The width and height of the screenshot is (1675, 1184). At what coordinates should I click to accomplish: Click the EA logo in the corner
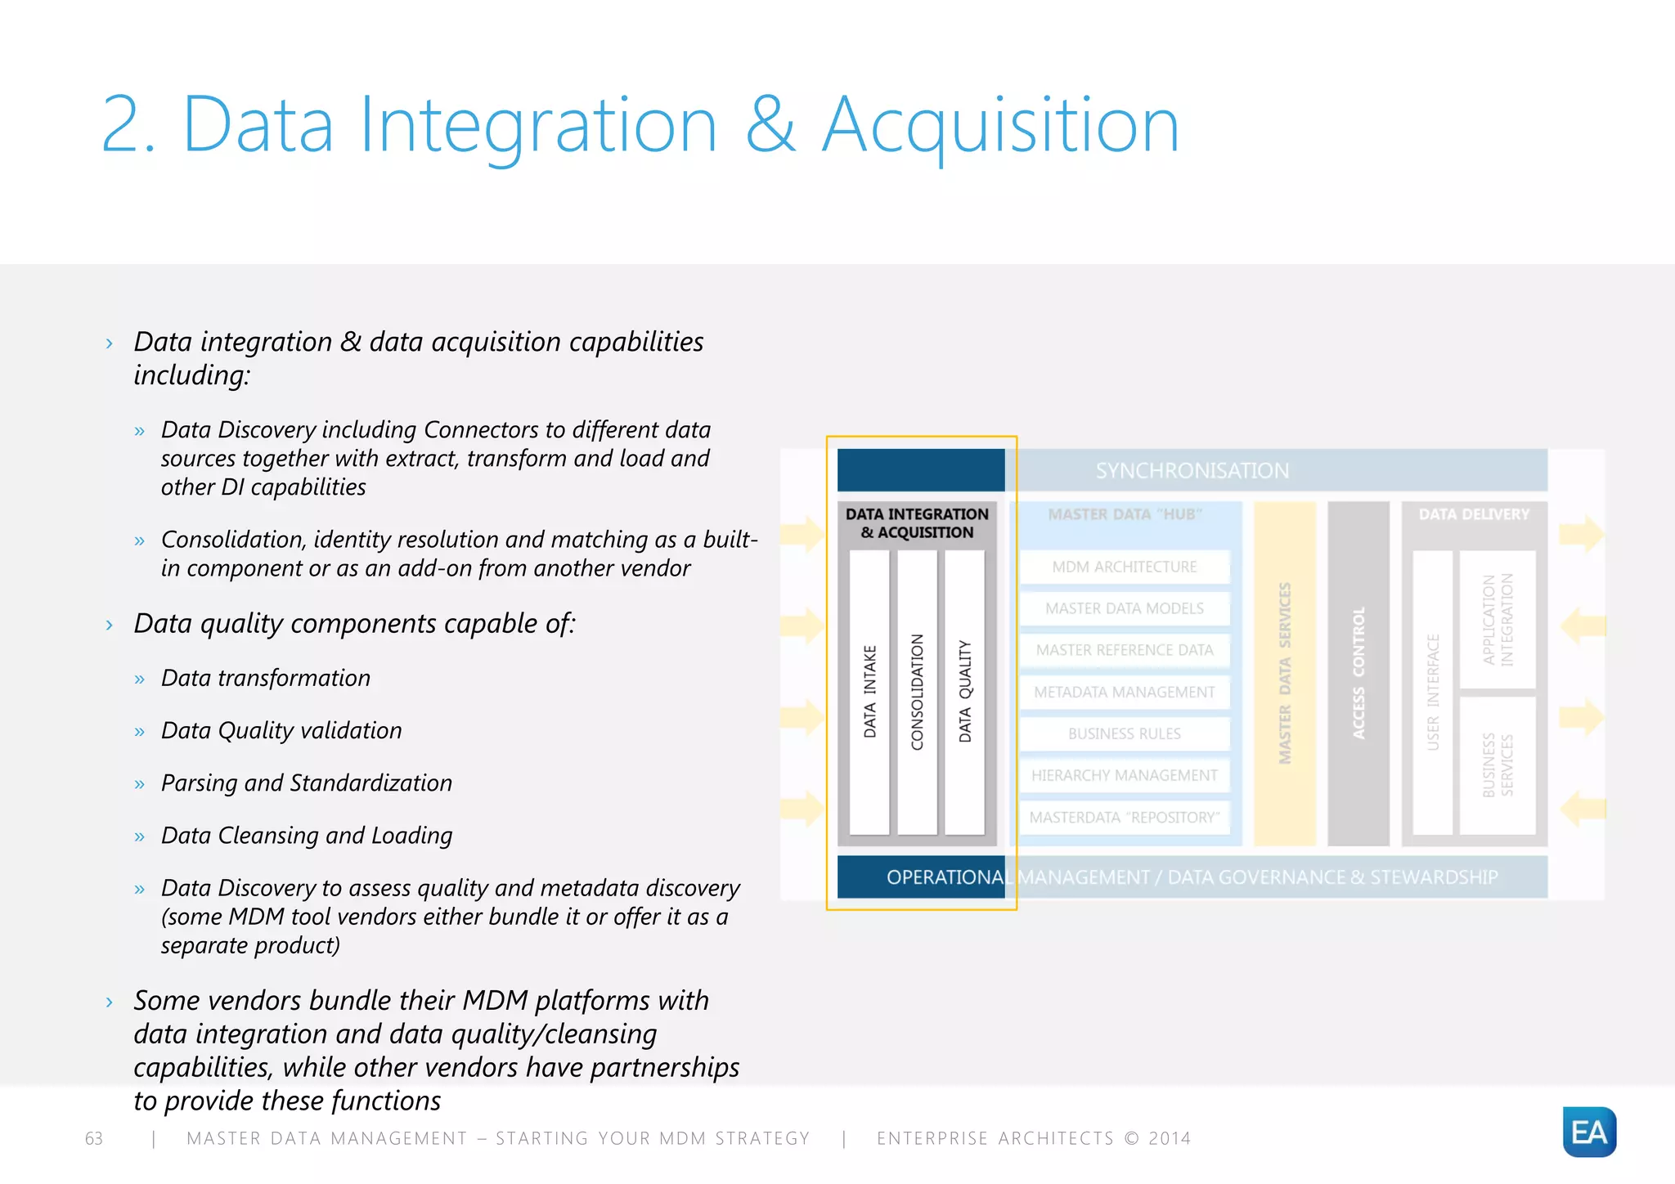coord(1588,1132)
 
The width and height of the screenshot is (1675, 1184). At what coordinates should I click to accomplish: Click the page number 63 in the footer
coord(94,1138)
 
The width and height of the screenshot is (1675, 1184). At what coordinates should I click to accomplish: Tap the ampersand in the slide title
coord(770,124)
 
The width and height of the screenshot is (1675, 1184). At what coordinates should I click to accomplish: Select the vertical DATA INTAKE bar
coord(869,692)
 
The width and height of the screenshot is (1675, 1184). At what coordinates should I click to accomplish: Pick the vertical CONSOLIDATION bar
coord(917,692)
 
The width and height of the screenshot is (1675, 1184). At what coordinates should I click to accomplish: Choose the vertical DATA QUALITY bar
coord(965,692)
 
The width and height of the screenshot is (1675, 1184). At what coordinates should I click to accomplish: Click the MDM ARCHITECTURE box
coord(1125,567)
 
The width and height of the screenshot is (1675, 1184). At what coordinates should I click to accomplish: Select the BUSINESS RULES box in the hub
coord(1125,733)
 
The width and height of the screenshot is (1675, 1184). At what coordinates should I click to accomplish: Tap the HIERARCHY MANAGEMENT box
coord(1125,775)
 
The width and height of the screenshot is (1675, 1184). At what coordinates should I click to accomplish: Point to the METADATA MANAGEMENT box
coord(1125,692)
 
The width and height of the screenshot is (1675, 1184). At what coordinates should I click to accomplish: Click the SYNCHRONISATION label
coord(1192,471)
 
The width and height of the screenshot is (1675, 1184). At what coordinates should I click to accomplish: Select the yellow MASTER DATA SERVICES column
coord(1285,673)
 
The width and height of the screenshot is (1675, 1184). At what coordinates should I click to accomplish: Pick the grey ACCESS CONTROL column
coord(1358,673)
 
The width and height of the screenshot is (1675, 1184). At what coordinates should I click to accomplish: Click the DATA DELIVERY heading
coord(1474,514)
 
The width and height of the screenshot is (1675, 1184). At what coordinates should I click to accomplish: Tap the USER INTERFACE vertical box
coord(1433,692)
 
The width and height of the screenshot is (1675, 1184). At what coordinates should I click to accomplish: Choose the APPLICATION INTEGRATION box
coord(1498,620)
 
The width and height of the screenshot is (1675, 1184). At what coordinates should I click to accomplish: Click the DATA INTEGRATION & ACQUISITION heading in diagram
coord(917,523)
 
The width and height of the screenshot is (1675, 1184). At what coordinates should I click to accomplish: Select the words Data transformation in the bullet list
coord(266,678)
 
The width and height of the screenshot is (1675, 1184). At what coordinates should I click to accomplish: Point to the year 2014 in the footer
coord(1170,1138)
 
